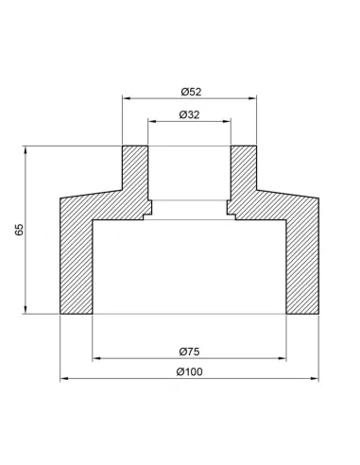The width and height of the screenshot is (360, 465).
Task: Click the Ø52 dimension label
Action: coord(191,92)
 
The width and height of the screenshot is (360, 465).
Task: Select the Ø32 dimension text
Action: coord(189,114)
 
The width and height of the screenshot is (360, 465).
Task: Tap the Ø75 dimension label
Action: coord(189,352)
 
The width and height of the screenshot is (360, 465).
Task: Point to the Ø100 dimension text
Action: coord(189,371)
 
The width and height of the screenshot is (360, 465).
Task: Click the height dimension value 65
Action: coord(19,230)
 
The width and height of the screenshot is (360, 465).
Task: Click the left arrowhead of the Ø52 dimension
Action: coord(127,98)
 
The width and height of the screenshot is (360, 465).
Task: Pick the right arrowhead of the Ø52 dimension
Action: coord(252,98)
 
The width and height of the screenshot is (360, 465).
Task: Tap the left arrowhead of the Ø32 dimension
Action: coord(152,121)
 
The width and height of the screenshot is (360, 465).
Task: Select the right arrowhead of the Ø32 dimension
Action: coord(227,121)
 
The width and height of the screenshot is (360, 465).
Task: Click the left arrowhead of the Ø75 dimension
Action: coord(96,358)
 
